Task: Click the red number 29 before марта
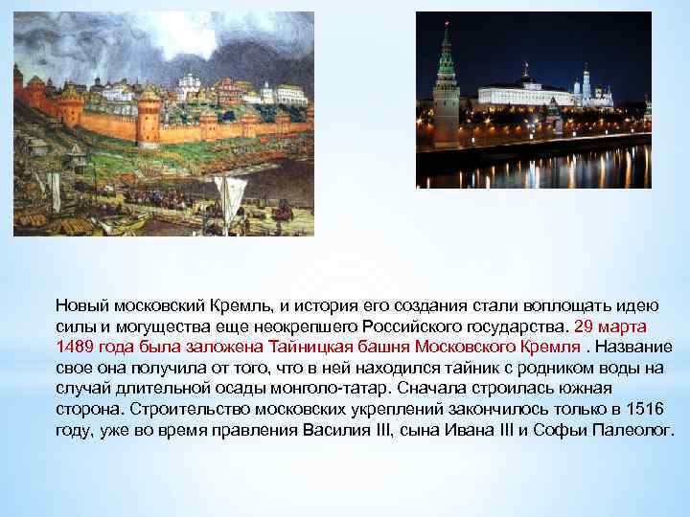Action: coord(583,326)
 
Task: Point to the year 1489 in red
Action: coord(74,347)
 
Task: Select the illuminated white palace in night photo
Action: coord(522,94)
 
